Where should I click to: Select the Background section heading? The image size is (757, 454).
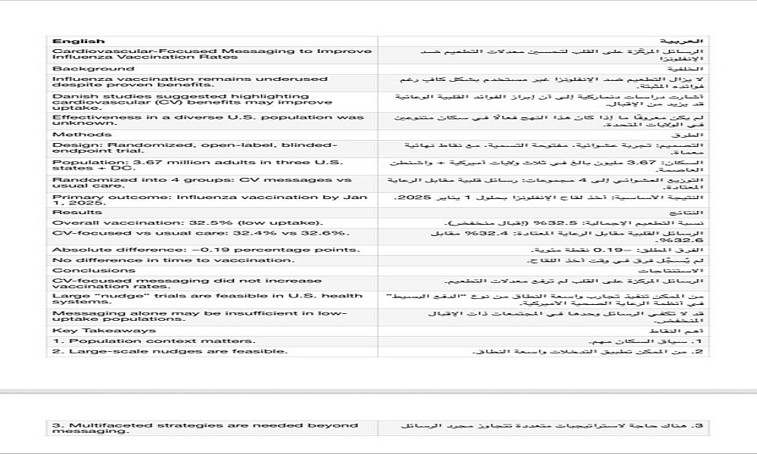83,69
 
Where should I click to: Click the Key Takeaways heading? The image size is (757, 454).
94,330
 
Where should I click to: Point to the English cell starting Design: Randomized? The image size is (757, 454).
195,148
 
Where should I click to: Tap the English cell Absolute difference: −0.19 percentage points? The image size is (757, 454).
206,250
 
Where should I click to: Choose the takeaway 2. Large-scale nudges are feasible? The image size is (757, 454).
170,351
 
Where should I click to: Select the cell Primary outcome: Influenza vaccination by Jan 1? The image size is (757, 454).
200,201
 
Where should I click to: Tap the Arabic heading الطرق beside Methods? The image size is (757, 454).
696,135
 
